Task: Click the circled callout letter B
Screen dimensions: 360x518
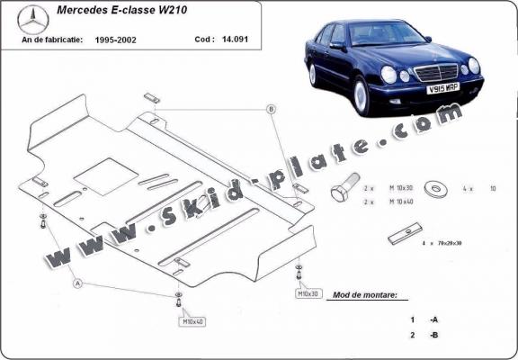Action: [268, 109]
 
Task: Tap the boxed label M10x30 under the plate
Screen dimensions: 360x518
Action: [308, 294]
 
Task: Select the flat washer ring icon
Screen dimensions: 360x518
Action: [440, 190]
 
